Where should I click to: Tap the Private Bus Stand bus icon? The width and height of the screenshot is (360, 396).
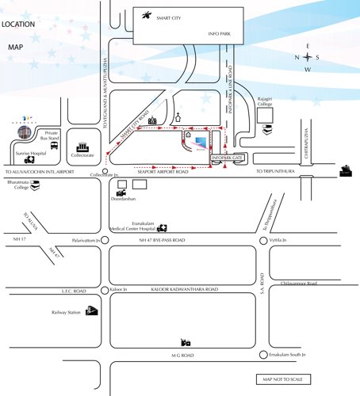tap(54, 146)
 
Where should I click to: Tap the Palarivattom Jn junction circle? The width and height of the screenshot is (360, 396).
tap(105, 239)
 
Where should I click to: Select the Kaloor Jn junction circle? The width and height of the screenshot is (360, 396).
tap(105, 290)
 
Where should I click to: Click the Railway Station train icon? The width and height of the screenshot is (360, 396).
tap(92, 311)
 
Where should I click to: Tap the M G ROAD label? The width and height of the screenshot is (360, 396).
tap(182, 356)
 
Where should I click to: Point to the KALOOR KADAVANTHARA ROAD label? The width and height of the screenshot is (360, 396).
tap(179, 290)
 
